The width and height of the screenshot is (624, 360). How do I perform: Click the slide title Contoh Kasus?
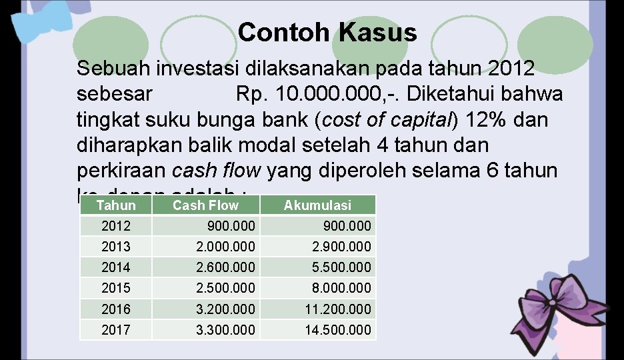coord(327,32)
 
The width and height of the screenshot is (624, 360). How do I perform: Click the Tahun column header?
coord(115,206)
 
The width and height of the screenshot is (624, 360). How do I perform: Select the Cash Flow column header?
coord(205,206)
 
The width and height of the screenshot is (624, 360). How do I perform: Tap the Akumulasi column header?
coord(317,206)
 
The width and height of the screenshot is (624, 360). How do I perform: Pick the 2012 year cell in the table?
coord(116,226)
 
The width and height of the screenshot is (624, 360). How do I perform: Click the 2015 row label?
coord(116,288)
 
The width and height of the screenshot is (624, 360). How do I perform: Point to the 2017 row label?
coord(116,329)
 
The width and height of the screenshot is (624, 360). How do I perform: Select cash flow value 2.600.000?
coord(225,267)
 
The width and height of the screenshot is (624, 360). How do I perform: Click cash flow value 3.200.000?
coord(225,309)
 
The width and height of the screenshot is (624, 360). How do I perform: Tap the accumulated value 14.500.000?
coord(338,329)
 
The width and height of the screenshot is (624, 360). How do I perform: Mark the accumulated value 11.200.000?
coord(338,309)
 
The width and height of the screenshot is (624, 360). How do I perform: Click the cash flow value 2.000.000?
coord(225,247)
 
